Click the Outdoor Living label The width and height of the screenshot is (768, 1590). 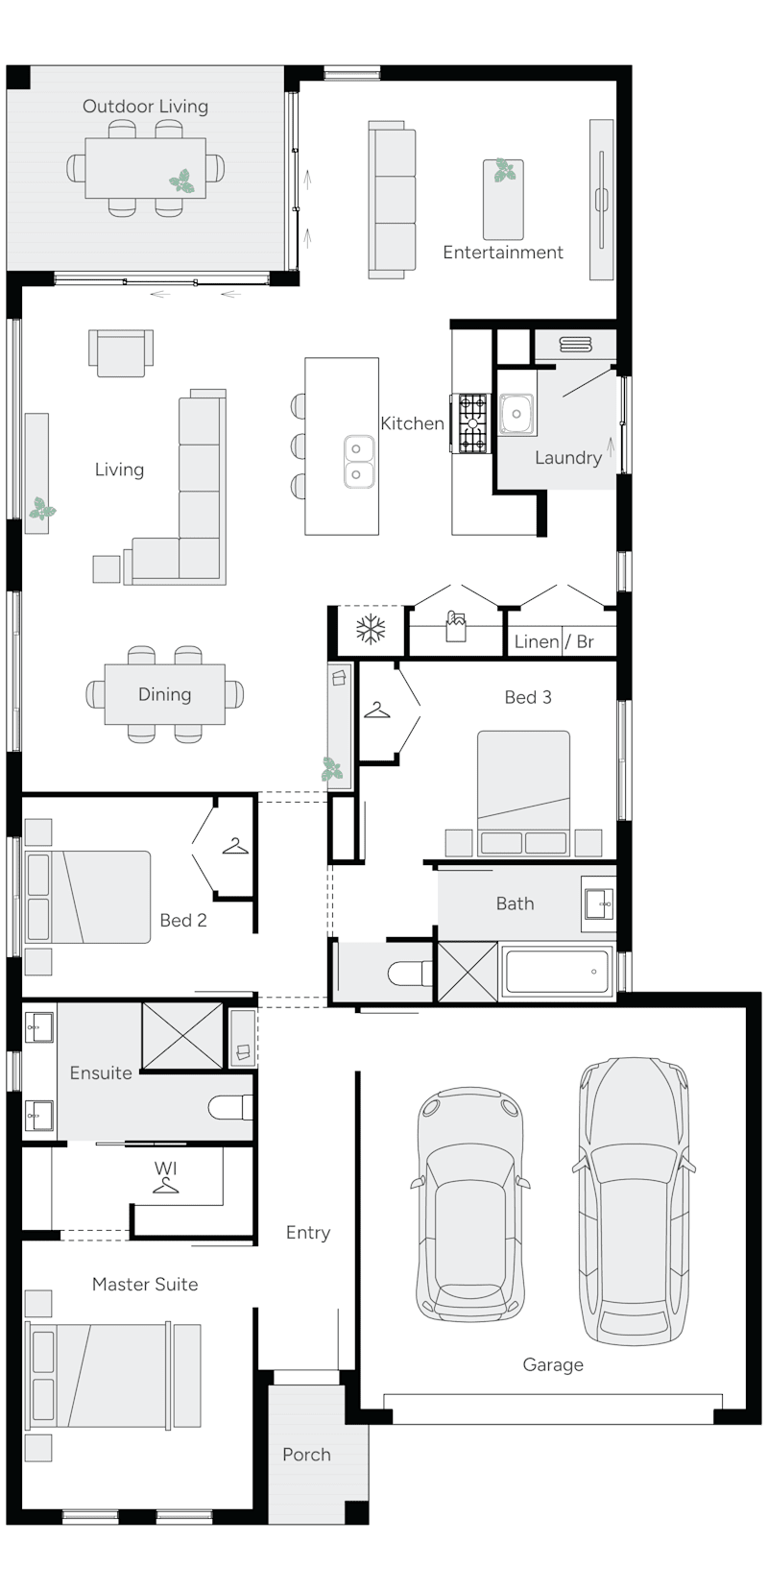[x=145, y=107]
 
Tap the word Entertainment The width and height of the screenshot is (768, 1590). [x=502, y=253]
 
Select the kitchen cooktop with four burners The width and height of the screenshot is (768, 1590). [x=473, y=423]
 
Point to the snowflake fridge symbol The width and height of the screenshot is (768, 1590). [x=371, y=631]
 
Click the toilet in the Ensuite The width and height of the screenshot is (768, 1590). [x=229, y=1108]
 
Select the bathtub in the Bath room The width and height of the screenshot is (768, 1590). [x=557, y=972]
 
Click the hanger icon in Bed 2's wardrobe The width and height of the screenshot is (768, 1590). [x=235, y=846]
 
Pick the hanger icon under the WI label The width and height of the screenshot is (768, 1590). [x=166, y=1187]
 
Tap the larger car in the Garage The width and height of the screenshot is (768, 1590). [x=634, y=1200]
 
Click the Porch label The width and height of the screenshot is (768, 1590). [x=306, y=1455]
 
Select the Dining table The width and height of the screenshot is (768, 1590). [x=164, y=694]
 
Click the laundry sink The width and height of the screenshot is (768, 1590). [x=516, y=415]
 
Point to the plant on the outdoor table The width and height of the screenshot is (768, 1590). [x=181, y=181]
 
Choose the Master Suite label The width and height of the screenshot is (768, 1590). [x=145, y=1284]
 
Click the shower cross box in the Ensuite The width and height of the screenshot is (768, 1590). [x=181, y=1035]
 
